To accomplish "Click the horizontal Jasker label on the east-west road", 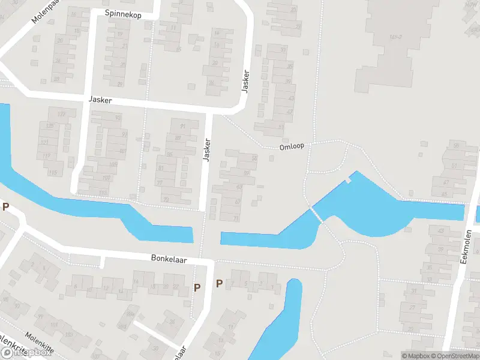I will (99, 100).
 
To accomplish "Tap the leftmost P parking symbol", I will (6, 207).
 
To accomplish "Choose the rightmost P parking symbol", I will (219, 284).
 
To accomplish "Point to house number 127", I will (61, 114).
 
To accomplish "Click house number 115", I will (52, 173).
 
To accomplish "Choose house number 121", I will (44, 142).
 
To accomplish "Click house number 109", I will (114, 163).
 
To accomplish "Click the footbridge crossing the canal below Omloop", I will (316, 214).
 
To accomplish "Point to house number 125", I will (50, 126).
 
